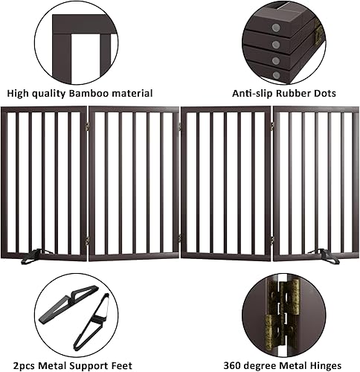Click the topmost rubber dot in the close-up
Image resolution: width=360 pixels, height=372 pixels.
(x=277, y=27)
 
